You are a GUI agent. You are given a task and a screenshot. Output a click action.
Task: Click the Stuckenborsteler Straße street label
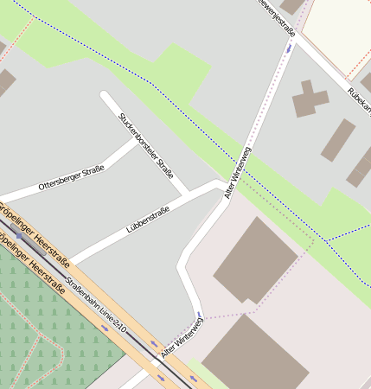point(147,145)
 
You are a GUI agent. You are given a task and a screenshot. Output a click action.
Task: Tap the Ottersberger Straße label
point(71,178)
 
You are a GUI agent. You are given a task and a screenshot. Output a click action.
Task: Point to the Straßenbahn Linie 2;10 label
point(96,303)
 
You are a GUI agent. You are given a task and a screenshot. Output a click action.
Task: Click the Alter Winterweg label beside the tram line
point(182,338)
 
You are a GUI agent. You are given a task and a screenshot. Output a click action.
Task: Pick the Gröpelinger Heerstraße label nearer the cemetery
point(35,267)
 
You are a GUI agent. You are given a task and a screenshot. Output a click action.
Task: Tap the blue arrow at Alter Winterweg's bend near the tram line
point(199,315)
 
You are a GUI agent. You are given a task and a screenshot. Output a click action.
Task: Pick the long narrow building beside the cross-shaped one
point(338,140)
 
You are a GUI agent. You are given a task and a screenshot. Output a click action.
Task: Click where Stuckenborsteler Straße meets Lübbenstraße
point(185,193)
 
